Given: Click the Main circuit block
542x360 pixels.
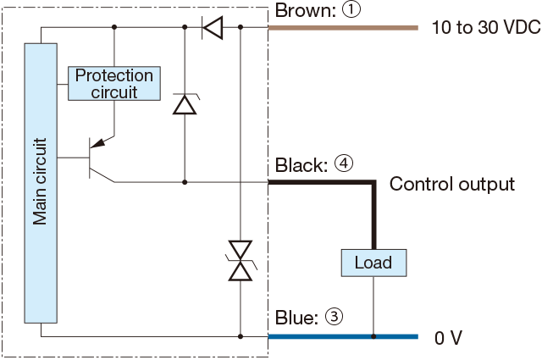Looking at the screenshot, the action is point(41,183).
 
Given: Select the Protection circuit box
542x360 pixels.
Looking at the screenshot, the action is point(114,83).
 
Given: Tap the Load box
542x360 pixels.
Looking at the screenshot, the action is point(373,263).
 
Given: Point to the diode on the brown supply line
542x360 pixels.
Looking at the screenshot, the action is point(213,27).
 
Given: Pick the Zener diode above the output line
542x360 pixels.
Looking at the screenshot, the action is point(185,104).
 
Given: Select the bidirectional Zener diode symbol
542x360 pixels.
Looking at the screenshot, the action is point(241,261).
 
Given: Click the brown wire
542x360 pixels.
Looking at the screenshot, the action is point(343,28).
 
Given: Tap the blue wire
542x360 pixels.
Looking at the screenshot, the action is point(343,336).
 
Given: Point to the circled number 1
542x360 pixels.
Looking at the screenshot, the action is point(351,10).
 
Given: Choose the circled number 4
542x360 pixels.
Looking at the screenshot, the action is point(344,164).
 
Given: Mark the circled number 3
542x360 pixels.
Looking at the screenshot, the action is point(334,317).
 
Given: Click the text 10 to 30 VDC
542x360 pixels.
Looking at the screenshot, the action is point(486,27).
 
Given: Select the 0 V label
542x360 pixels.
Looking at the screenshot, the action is point(448,337).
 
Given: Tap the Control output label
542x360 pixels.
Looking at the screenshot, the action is point(452,184).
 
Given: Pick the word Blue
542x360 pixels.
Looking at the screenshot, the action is point(296,317).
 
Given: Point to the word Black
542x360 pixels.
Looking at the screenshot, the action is point(301,165).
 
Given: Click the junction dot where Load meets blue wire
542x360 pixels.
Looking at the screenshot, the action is point(373,336).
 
